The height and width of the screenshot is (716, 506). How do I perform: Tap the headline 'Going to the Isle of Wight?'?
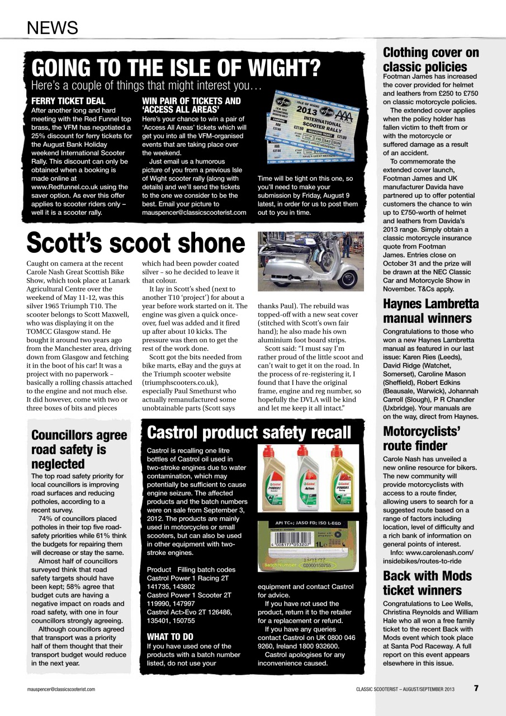176,68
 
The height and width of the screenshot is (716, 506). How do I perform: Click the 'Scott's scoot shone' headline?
136,242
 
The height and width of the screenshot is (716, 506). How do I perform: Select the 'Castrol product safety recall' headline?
249,432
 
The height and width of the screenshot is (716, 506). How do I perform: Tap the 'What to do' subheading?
170,637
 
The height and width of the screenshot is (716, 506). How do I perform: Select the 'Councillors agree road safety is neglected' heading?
79,449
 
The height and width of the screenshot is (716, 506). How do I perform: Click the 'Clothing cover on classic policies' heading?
431,60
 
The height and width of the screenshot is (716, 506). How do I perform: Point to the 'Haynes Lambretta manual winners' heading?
431,311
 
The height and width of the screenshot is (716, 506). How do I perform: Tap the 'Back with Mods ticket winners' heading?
427,583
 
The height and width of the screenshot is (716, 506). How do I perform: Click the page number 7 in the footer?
476,689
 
